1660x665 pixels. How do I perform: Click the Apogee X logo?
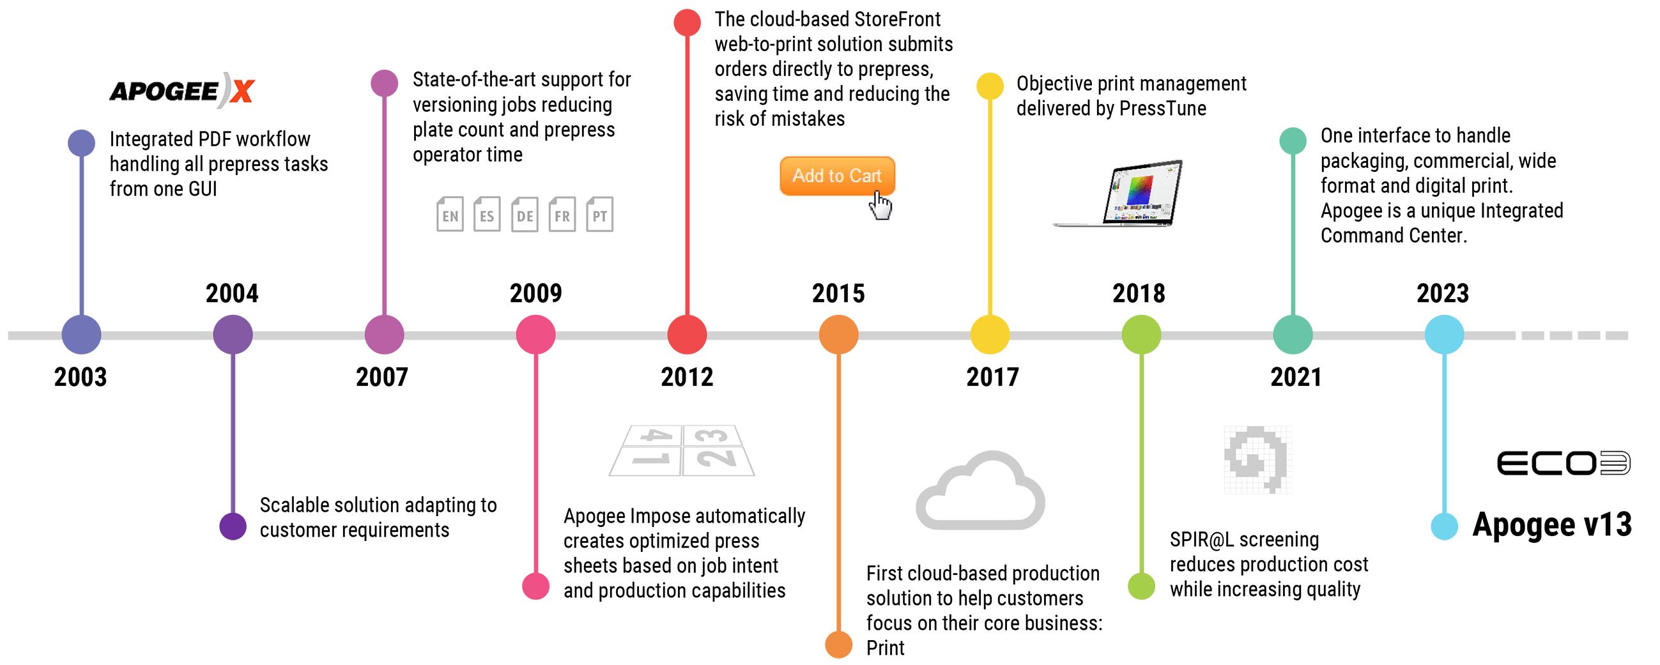(x=181, y=90)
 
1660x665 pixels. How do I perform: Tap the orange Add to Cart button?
(x=836, y=176)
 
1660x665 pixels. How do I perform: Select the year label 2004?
(x=232, y=294)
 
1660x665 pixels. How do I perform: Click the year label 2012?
(x=687, y=377)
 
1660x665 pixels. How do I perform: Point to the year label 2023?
(x=1442, y=294)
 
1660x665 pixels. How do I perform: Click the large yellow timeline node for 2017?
(x=990, y=335)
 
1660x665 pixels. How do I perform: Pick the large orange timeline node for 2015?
(x=838, y=335)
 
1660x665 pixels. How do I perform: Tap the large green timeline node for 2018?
(x=1141, y=335)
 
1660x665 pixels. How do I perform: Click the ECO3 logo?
(x=1563, y=463)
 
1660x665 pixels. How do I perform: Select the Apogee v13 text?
(x=1552, y=524)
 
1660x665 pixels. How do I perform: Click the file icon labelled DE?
(x=525, y=215)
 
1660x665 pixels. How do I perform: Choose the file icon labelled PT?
(x=599, y=215)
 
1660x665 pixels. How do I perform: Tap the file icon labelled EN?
(x=450, y=215)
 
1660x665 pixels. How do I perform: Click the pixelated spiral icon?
(x=1257, y=459)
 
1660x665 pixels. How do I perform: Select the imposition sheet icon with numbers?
(x=682, y=450)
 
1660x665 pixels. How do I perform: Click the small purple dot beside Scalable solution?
(x=233, y=526)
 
